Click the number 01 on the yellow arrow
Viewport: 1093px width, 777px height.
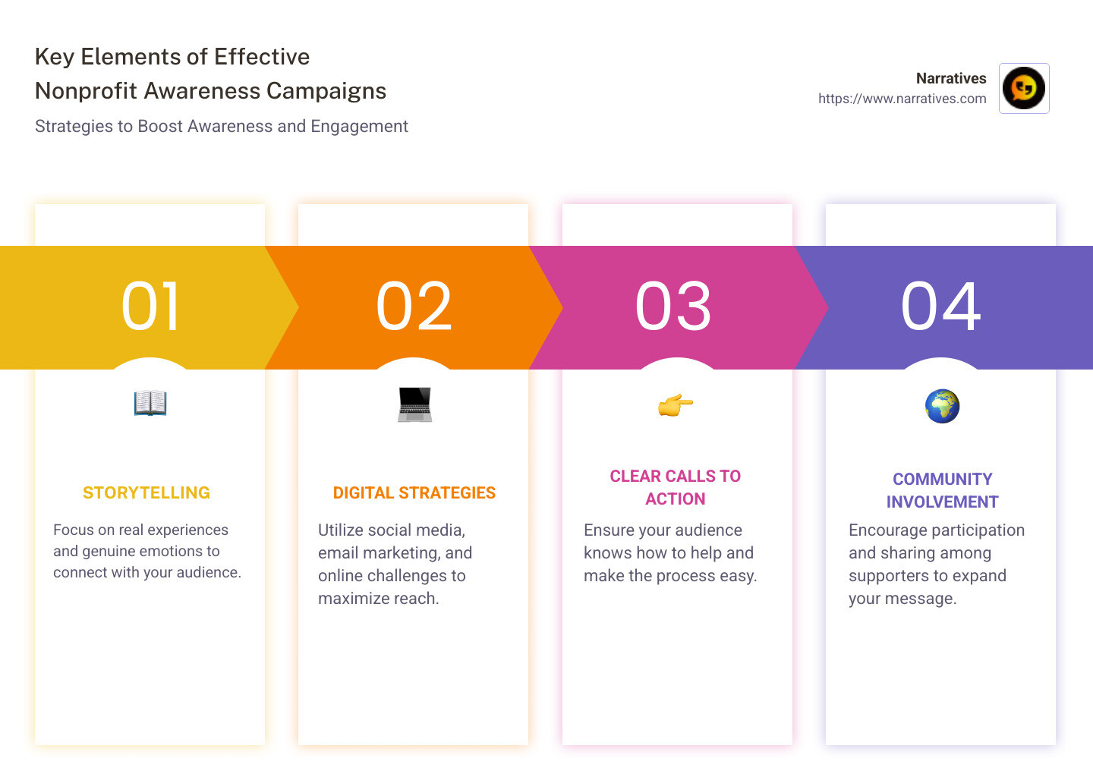pos(150,307)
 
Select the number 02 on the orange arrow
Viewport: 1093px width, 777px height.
pos(414,307)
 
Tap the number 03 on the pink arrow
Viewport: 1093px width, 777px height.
pos(673,307)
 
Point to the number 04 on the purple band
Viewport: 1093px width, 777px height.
pos(940,307)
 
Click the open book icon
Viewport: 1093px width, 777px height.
pos(150,403)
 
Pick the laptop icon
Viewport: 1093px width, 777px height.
pos(414,404)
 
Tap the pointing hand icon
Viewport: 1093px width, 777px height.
pos(676,405)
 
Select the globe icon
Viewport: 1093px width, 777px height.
pos(942,406)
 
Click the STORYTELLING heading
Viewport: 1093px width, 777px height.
pos(146,493)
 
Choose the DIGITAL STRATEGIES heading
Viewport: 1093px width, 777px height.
pos(414,493)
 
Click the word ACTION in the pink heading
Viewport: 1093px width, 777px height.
pos(676,499)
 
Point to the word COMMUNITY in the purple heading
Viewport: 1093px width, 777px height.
pos(943,480)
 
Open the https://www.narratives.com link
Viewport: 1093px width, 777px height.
pos(902,99)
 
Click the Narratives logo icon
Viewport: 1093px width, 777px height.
pos(1024,88)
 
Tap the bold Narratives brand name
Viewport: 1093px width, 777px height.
pos(951,78)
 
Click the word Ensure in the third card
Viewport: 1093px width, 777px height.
pos(609,530)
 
